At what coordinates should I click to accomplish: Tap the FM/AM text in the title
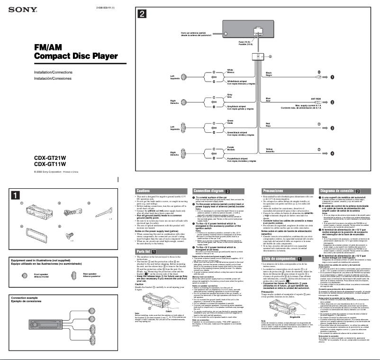coord(49,47)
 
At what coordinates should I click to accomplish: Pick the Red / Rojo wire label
coord(268,125)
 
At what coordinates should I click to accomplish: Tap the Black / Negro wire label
coord(269,74)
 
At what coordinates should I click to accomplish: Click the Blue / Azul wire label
coord(268,100)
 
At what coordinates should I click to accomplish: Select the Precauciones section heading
coord(273,191)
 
